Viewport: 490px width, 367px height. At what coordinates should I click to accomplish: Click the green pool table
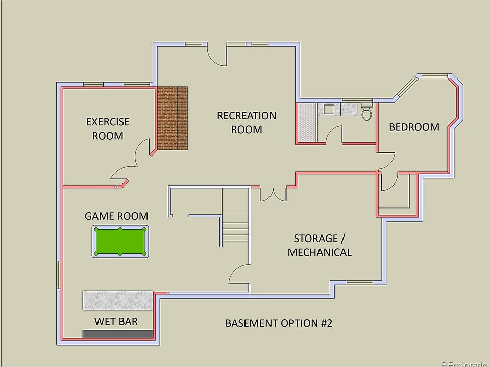pyautogui.click(x=120, y=242)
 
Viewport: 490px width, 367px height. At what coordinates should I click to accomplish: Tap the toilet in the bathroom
pyautogui.click(x=366, y=112)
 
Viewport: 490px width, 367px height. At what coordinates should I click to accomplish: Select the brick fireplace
pyautogui.click(x=172, y=118)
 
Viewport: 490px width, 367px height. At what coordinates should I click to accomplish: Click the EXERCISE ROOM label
pyautogui.click(x=108, y=128)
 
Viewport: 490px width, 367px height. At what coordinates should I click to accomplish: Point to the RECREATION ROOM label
pyautogui.click(x=247, y=122)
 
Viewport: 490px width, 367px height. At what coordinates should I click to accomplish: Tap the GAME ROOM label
pyautogui.click(x=116, y=216)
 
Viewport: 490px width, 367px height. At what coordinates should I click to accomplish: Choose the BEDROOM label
pyautogui.click(x=414, y=127)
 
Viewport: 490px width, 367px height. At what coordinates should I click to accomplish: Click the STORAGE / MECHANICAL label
pyautogui.click(x=320, y=245)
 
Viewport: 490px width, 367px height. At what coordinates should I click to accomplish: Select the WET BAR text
pyautogui.click(x=116, y=322)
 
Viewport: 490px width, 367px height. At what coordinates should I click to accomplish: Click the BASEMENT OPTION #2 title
pyautogui.click(x=279, y=323)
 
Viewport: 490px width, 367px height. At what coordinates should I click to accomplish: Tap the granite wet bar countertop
pyautogui.click(x=118, y=300)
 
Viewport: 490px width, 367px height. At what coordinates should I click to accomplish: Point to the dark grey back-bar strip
pyautogui.click(x=118, y=334)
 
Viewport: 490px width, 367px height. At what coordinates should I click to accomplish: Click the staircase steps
pyautogui.click(x=235, y=229)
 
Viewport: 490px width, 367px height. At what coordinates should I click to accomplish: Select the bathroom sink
pyautogui.click(x=327, y=109)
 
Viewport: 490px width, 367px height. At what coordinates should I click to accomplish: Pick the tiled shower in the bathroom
pyautogui.click(x=307, y=122)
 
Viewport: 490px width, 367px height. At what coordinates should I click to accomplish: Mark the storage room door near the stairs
pyautogui.click(x=239, y=278)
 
